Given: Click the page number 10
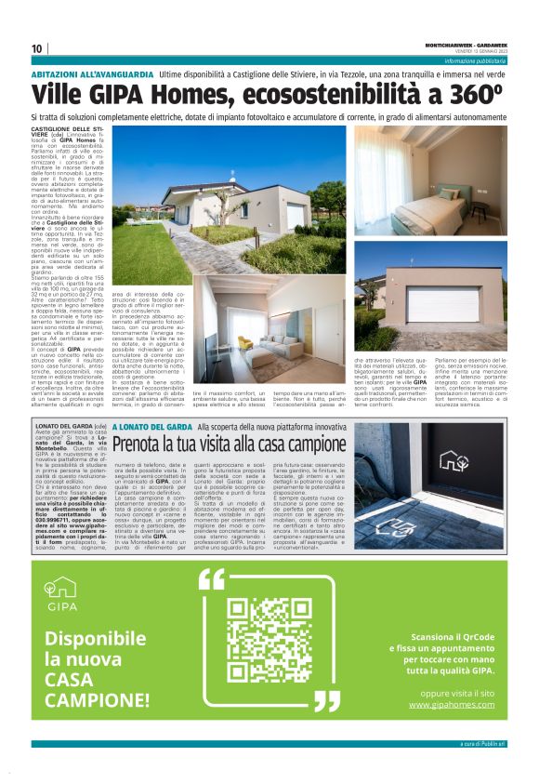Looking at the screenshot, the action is coord(37,48).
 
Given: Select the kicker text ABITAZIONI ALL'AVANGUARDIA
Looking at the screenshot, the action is coord(92,73).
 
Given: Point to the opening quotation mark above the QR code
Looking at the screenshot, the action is coord(212,578).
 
